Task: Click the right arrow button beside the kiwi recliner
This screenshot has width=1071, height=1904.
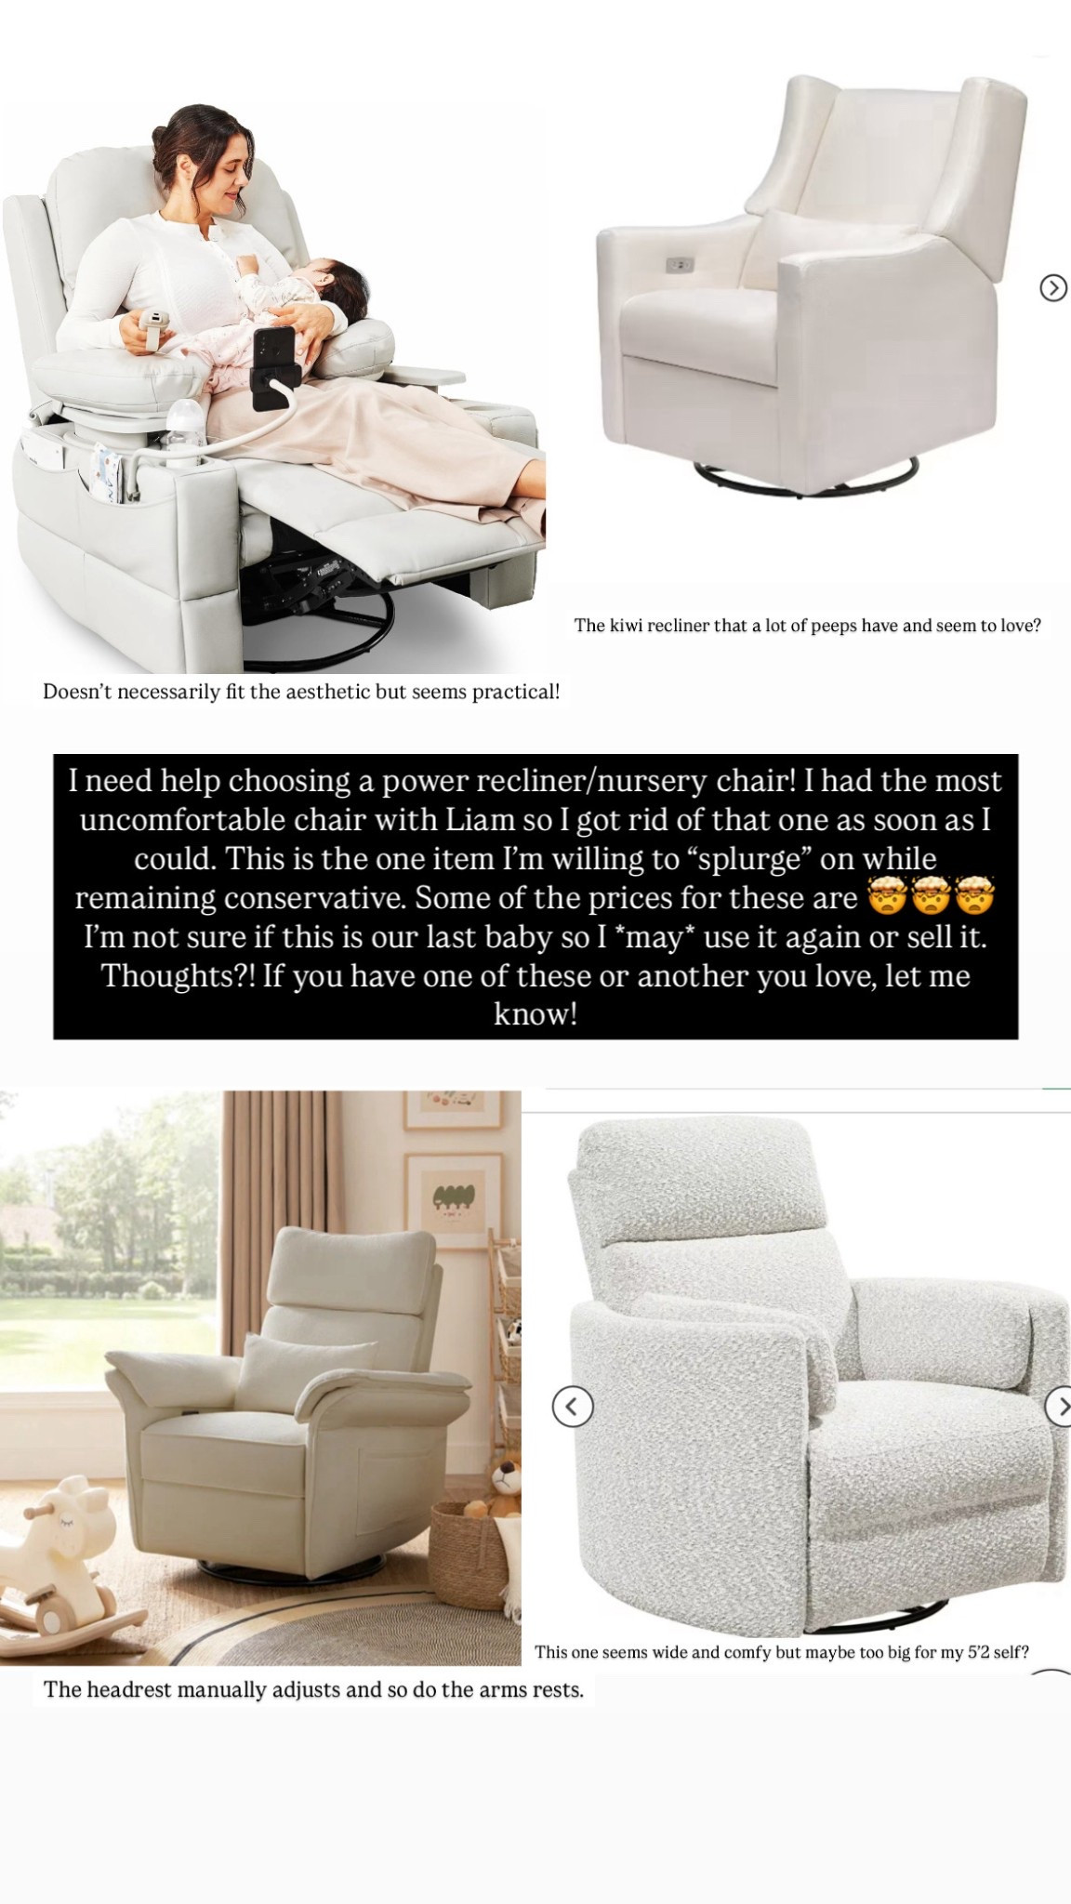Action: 1052,288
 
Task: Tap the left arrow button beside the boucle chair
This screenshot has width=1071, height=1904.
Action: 572,1406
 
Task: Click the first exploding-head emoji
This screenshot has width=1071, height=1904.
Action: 886,898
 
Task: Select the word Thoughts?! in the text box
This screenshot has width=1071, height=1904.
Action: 178,976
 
